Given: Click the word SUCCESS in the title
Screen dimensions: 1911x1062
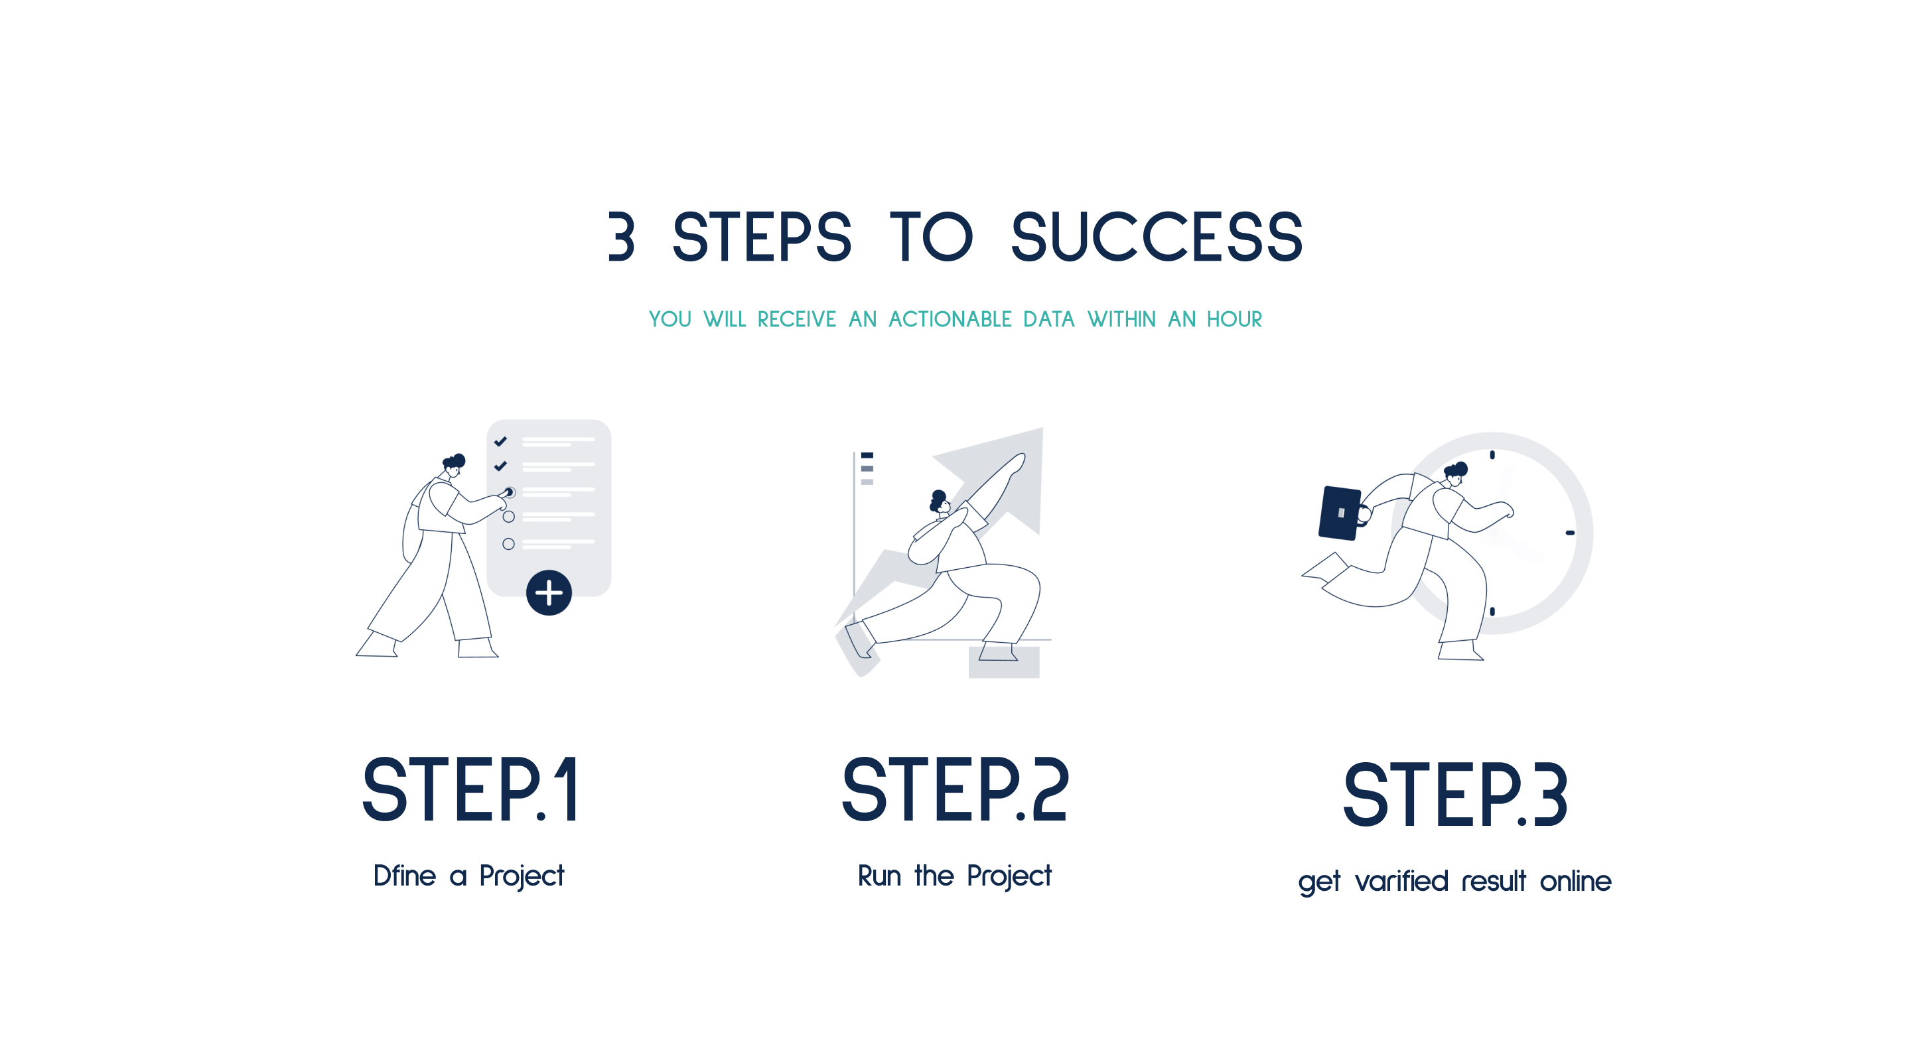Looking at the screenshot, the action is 1157,237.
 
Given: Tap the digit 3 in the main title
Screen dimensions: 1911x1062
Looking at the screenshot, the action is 622,237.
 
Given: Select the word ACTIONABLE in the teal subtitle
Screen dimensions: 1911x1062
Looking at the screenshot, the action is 950,319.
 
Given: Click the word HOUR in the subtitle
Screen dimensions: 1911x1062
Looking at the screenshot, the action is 1234,319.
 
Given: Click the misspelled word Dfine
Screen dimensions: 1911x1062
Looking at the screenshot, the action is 404,876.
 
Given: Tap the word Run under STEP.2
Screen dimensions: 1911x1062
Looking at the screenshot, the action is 879,876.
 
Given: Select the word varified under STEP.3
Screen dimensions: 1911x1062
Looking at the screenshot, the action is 1401,881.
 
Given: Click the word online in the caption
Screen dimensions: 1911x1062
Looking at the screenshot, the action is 1576,881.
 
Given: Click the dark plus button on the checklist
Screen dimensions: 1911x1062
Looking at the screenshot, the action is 549,592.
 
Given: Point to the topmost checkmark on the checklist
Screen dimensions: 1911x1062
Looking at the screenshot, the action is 501,441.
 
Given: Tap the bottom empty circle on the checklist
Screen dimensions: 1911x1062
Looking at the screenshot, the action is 508,545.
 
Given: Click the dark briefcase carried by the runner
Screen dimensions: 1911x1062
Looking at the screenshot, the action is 1340,513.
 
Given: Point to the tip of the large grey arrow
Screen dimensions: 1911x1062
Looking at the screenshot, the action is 1042,429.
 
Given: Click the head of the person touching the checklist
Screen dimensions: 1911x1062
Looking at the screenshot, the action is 454,466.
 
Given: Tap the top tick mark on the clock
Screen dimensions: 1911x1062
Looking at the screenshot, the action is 1492,454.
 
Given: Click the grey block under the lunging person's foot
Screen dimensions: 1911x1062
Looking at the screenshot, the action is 1004,662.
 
